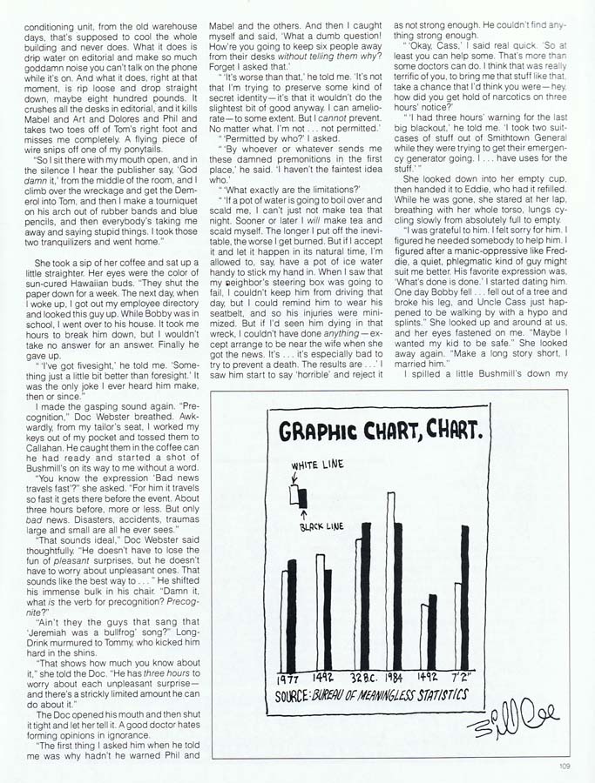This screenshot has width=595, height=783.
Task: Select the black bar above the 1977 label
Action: [294, 609]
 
